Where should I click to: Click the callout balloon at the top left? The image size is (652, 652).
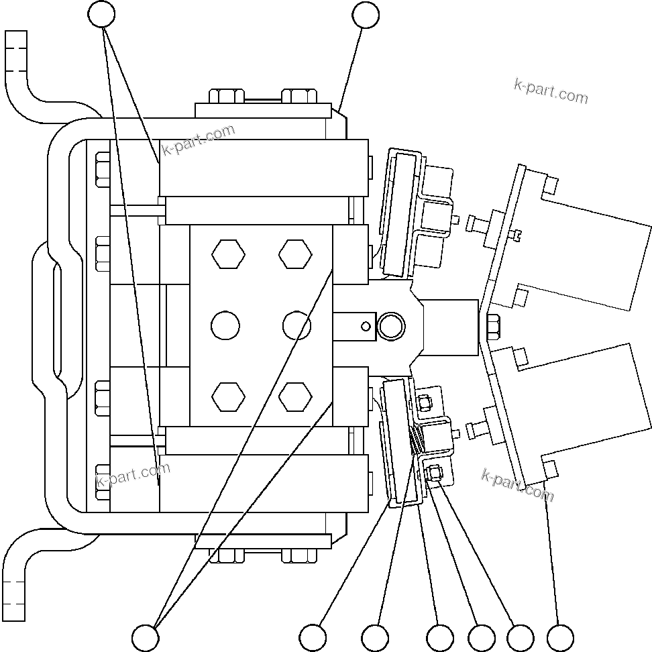(x=102, y=14)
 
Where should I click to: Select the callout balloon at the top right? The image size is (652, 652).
(x=366, y=14)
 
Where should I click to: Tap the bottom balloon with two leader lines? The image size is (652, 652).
(x=146, y=637)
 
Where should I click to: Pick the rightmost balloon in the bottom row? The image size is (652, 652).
(x=560, y=637)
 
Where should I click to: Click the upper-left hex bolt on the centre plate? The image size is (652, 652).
(x=228, y=254)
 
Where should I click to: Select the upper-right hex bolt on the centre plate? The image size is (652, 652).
(x=295, y=254)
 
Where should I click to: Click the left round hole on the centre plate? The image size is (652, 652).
(x=225, y=326)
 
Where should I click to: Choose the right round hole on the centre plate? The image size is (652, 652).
(x=296, y=326)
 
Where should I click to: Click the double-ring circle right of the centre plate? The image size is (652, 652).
(x=391, y=327)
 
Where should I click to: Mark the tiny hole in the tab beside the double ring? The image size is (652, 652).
(x=365, y=327)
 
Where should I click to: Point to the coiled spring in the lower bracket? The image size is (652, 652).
(x=417, y=440)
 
